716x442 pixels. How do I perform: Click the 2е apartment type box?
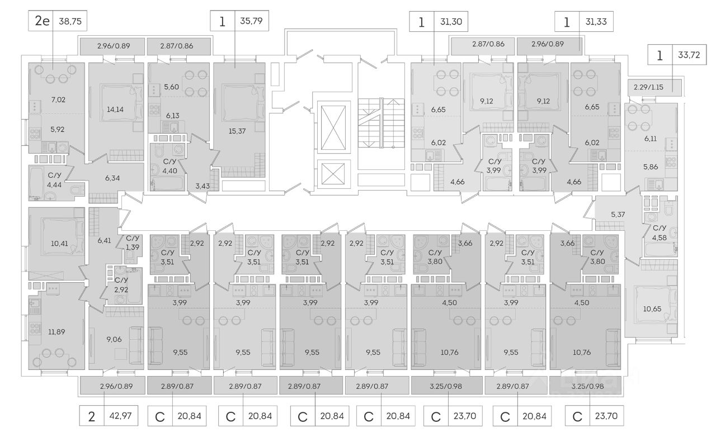click(x=42, y=22)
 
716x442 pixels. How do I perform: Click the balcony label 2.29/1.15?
click(x=653, y=88)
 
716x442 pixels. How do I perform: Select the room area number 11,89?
click(x=56, y=332)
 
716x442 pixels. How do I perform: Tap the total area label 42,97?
click(x=121, y=417)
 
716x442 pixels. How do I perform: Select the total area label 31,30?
click(x=451, y=22)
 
